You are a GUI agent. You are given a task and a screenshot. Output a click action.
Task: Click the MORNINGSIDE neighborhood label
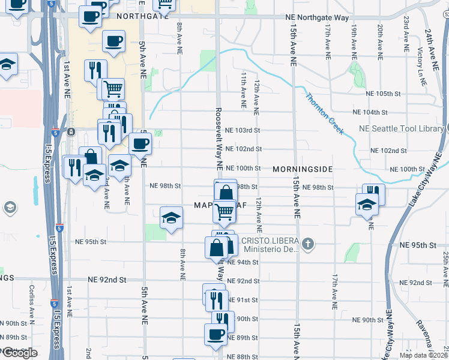pos(303,169)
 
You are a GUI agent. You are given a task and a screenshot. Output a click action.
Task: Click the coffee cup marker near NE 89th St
pos(215,335)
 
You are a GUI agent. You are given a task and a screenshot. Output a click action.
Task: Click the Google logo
pos(20,353)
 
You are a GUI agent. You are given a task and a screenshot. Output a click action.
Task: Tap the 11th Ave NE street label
pos(244,90)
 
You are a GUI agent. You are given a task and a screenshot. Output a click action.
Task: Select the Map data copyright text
pos(423,355)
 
